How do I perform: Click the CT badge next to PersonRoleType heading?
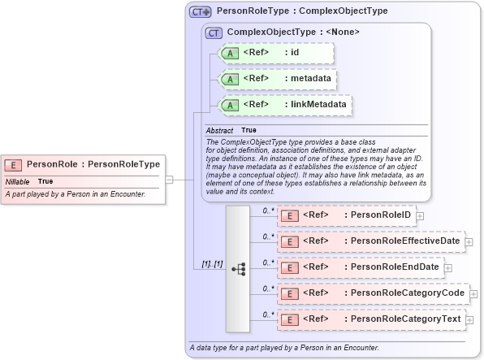[201, 12]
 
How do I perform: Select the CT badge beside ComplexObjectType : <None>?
[214, 33]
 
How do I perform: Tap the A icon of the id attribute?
[230, 53]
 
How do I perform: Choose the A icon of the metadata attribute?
[230, 79]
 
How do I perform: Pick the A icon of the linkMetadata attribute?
[230, 105]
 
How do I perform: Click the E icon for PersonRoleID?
[289, 215]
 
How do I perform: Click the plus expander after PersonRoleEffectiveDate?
[469, 241]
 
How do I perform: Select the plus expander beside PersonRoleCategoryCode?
[473, 293]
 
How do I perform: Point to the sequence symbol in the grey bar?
[238, 268]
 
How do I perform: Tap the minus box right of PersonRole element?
[169, 179]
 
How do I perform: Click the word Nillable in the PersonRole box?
[17, 181]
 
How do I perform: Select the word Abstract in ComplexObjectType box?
[219, 130]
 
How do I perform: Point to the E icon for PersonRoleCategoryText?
[289, 319]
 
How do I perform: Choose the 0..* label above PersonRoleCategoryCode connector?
[269, 288]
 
